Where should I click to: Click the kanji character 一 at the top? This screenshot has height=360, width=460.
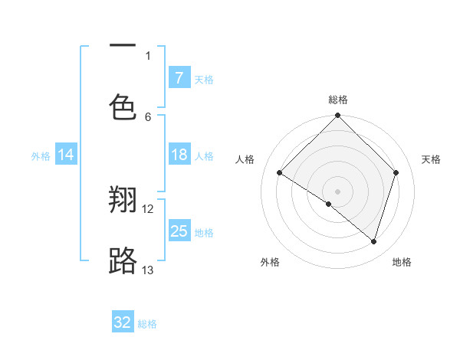click(x=123, y=46)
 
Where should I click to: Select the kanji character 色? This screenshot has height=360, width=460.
click(x=123, y=108)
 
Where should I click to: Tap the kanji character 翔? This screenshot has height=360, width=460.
click(x=123, y=201)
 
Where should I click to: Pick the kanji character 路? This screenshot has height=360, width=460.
click(x=123, y=261)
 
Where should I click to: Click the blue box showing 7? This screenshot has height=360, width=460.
click(x=179, y=77)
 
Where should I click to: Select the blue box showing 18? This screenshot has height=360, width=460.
click(x=179, y=155)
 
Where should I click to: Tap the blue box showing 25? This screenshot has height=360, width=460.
click(x=179, y=231)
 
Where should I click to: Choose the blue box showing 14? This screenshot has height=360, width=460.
click(x=66, y=155)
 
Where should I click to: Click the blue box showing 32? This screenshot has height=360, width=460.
click(x=123, y=322)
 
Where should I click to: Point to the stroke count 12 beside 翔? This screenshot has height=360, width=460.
click(x=148, y=208)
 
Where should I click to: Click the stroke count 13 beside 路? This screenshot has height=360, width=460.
click(x=148, y=270)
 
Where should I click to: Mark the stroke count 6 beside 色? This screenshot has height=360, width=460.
click(x=148, y=116)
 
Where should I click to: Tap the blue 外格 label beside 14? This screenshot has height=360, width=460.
click(x=41, y=155)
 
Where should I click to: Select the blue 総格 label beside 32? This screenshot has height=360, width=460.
click(x=148, y=324)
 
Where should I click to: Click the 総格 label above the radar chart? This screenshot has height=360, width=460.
click(x=337, y=100)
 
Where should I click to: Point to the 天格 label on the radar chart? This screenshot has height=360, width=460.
click(x=432, y=159)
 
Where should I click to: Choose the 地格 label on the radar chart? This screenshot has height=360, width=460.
click(x=402, y=262)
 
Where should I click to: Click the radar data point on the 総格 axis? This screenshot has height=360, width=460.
click(x=337, y=116)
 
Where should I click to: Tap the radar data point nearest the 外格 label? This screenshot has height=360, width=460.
click(x=329, y=204)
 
